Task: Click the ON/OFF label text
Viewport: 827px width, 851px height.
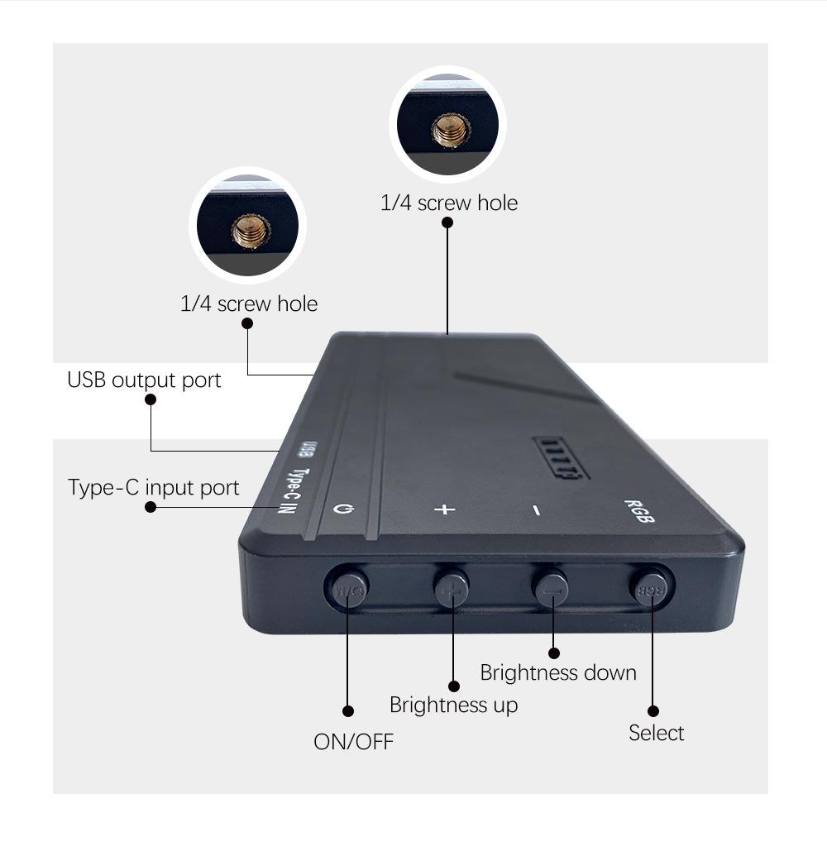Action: pos(353,741)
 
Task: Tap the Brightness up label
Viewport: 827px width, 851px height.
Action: pos(453,705)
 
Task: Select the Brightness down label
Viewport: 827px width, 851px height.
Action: pos(558,672)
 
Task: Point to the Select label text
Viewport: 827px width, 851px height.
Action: pos(656,733)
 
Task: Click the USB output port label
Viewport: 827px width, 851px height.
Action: pos(144,380)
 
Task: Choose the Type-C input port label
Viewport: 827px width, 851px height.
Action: pos(153,488)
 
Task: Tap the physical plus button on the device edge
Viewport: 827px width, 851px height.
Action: pos(452,588)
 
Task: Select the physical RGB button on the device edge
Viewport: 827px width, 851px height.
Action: pos(649,587)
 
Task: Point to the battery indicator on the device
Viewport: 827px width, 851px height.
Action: pos(561,457)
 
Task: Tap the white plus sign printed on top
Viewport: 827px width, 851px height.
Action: pos(445,508)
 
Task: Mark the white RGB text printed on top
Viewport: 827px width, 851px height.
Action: pos(640,511)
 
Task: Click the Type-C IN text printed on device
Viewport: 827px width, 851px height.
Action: pos(290,491)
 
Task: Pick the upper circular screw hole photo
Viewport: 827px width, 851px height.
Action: pos(447,125)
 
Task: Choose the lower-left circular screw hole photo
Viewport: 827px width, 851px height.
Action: pos(248,226)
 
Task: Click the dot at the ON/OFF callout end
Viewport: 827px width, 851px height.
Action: pos(348,711)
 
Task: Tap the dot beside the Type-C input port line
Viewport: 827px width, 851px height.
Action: pos(151,507)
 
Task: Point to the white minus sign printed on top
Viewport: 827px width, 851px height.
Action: pos(537,510)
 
